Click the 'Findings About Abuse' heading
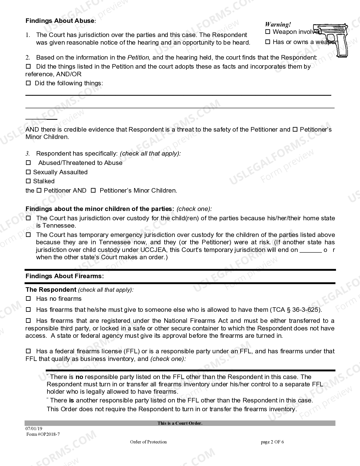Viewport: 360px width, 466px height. tap(60, 21)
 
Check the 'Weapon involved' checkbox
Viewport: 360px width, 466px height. tap(268, 32)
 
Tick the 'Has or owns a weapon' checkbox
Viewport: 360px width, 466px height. tap(268, 42)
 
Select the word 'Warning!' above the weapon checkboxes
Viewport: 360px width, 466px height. tap(278, 25)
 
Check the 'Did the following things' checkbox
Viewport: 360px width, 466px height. tap(28, 83)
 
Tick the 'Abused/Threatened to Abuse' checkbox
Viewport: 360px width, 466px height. tap(28, 163)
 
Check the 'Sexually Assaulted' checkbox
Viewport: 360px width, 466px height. tap(28, 172)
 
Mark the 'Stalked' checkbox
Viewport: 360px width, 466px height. tap(28, 181)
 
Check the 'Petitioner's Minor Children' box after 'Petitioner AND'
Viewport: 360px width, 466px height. tap(93, 191)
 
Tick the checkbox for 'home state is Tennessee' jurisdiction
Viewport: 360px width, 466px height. tap(28, 218)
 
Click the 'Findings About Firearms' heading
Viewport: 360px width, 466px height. tap(65, 276)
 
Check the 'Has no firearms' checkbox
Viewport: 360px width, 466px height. tap(28, 299)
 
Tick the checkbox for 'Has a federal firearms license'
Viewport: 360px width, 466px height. tap(28, 351)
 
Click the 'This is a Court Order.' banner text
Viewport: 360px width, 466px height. tap(180, 423)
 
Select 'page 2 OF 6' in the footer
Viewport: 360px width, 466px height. tap(272, 442)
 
